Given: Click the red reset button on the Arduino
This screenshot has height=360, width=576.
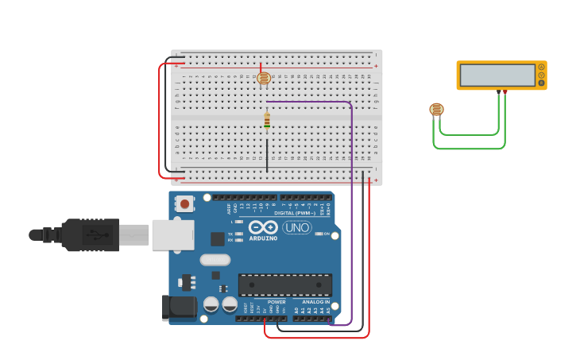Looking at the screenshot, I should (x=185, y=203).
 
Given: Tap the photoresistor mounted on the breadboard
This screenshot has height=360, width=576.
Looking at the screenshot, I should (x=265, y=78).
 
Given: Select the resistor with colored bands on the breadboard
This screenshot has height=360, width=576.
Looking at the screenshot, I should (x=267, y=121).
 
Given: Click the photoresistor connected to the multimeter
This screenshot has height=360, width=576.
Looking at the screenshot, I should (x=436, y=110).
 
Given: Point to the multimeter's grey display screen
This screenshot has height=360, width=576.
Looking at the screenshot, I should (x=497, y=75).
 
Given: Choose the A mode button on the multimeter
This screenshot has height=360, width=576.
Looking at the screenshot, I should (x=542, y=68).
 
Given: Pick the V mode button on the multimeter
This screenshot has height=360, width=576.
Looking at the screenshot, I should (x=542, y=75).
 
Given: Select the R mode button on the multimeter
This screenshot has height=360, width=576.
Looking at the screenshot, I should (x=542, y=83).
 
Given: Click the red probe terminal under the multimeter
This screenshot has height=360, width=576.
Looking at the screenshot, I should (x=505, y=91).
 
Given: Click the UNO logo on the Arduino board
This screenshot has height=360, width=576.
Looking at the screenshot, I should (x=297, y=228).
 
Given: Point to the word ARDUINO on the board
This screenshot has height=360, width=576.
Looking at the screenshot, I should (x=263, y=238).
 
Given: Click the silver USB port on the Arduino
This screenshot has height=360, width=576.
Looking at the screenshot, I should (x=173, y=234).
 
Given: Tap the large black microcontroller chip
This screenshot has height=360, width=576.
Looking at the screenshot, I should (x=285, y=285).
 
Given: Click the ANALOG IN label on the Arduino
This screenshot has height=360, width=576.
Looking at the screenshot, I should (x=315, y=302).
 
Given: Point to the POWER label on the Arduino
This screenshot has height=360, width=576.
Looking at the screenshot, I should (x=276, y=302).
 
